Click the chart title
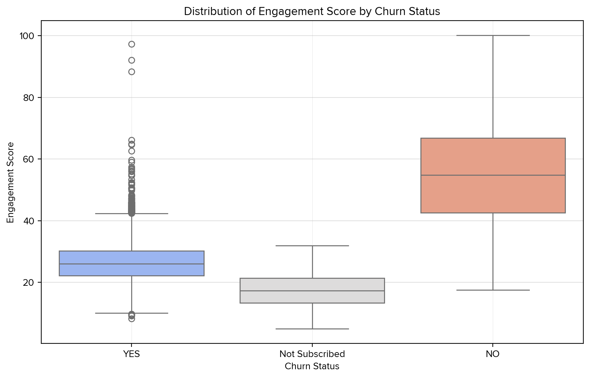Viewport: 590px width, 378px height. coord(312,12)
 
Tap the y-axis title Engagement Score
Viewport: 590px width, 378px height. coord(10,182)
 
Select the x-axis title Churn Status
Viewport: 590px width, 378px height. coord(312,366)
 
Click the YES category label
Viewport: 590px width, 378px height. coord(131,354)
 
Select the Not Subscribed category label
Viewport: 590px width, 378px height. coord(312,354)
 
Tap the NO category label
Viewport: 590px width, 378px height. coord(493,354)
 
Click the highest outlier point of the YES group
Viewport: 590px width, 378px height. coord(131,44)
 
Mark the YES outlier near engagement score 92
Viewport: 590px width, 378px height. coord(131,60)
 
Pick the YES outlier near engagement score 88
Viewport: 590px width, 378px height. coord(131,72)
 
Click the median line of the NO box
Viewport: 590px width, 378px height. coord(493,175)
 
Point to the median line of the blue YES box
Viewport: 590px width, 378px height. coord(131,264)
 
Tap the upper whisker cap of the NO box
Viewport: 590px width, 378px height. coord(493,35)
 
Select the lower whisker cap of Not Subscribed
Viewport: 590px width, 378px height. coord(312,329)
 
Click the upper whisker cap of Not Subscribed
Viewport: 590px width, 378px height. coord(312,246)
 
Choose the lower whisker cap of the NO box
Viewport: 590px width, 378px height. coord(493,290)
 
